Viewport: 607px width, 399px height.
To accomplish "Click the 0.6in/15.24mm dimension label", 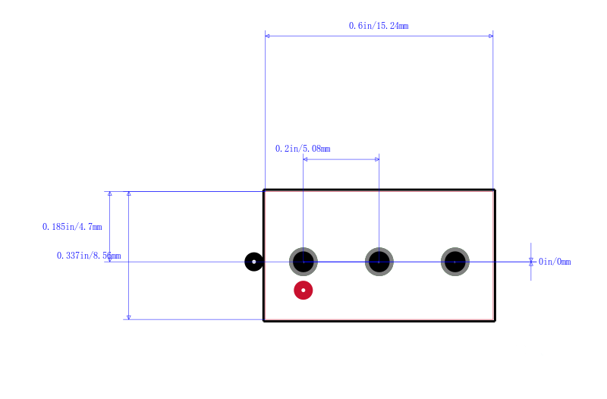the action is coord(378,26).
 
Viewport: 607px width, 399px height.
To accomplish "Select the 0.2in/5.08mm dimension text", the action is coord(303,149).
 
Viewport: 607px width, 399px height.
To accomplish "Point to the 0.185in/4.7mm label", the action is coord(72,227).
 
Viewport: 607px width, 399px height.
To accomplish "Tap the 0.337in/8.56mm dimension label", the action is coord(89,256).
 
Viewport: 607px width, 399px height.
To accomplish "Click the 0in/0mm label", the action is coord(555,262).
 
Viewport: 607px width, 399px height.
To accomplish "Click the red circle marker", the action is coord(303,291).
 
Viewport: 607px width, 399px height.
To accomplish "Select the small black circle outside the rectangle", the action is coord(254,262).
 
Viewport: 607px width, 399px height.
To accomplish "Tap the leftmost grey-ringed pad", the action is coord(303,262).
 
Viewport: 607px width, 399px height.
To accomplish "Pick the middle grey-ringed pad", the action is coord(379,262).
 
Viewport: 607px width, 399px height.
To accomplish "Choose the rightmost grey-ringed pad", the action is coord(454,262).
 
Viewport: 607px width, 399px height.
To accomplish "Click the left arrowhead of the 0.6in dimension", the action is coord(267,36).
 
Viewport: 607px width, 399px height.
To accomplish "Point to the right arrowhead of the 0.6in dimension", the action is coord(491,36).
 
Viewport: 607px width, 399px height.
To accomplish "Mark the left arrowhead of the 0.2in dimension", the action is coord(305,159).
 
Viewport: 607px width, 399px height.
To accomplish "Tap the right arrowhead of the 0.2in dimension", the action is coord(377,159).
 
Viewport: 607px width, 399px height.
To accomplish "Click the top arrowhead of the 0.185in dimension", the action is coord(110,193).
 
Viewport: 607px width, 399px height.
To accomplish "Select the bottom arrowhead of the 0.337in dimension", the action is coord(129,317).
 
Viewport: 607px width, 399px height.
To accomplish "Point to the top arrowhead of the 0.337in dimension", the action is coord(129,193).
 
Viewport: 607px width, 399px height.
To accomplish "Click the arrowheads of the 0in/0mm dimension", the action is coord(530,262).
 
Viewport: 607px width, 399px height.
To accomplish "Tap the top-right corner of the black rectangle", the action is coord(495,190).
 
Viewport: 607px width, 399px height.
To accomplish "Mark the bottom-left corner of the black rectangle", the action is coord(263,320).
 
